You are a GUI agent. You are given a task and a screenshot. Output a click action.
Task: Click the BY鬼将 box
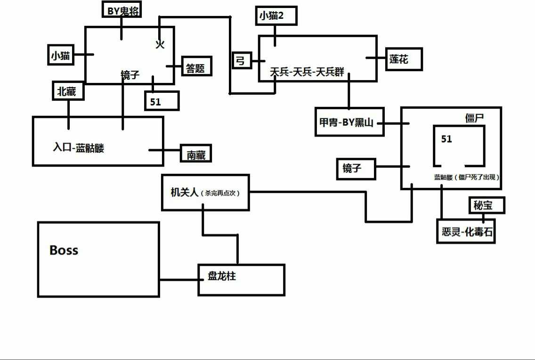click(x=123, y=10)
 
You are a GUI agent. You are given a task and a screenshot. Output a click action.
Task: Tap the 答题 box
click(x=196, y=66)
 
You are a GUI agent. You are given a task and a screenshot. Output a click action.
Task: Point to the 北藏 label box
click(x=68, y=91)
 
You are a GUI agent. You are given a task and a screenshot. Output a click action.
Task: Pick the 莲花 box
click(x=403, y=59)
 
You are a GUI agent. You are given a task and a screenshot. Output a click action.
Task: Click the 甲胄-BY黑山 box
click(x=349, y=123)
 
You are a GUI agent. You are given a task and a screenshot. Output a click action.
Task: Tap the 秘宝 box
click(x=486, y=205)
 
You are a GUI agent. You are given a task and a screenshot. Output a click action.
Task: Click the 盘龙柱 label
click(x=222, y=276)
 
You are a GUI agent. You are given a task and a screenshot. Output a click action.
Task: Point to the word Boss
click(x=64, y=250)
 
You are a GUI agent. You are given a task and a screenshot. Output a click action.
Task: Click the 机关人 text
click(x=185, y=192)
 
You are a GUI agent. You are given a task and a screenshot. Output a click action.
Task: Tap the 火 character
click(x=160, y=44)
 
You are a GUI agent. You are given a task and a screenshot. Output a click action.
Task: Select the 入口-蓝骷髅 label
click(x=78, y=148)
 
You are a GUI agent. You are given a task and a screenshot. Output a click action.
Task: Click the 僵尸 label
click(x=475, y=118)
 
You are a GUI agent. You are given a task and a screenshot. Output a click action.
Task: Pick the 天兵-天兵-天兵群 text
click(x=307, y=72)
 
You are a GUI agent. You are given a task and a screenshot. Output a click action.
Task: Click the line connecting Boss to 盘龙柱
click(x=178, y=280)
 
